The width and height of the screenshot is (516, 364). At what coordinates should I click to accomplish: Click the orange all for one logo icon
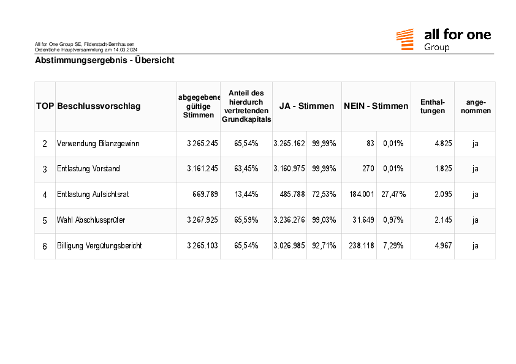(x=404, y=39)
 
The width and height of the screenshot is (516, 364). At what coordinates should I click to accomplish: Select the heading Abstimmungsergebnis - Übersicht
(x=105, y=60)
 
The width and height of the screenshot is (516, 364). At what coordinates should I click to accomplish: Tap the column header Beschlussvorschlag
(x=99, y=106)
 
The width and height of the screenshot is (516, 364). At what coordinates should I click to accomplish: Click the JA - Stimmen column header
(x=306, y=106)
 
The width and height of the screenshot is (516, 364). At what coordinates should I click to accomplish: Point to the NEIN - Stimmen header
(x=376, y=106)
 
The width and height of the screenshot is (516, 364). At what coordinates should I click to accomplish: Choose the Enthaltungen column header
(x=433, y=106)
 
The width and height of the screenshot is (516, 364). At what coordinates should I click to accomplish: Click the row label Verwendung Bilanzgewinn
(x=98, y=144)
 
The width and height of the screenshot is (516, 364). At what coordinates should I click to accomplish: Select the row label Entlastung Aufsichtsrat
(x=93, y=194)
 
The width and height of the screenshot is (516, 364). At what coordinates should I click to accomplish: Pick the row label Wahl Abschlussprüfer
(x=91, y=220)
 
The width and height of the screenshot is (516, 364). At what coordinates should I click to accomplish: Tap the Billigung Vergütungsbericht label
(x=99, y=245)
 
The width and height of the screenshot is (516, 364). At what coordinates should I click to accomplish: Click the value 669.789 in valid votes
(x=205, y=194)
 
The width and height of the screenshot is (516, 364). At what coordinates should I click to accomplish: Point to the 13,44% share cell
(x=246, y=194)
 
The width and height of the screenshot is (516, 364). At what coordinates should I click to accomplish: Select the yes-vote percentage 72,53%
(x=324, y=194)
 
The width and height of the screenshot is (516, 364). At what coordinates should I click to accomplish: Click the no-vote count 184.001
(x=362, y=194)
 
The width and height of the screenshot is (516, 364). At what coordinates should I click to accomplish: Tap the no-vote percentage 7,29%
(x=393, y=245)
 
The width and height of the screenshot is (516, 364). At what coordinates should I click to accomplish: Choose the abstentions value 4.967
(x=443, y=245)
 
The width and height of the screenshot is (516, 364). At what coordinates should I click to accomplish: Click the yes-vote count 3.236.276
(x=289, y=220)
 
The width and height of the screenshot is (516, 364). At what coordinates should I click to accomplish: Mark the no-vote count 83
(x=371, y=143)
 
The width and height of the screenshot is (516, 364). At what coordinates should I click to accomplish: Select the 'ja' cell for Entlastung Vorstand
(x=475, y=169)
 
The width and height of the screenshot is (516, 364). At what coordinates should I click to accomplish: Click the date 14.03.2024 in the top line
(x=126, y=50)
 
